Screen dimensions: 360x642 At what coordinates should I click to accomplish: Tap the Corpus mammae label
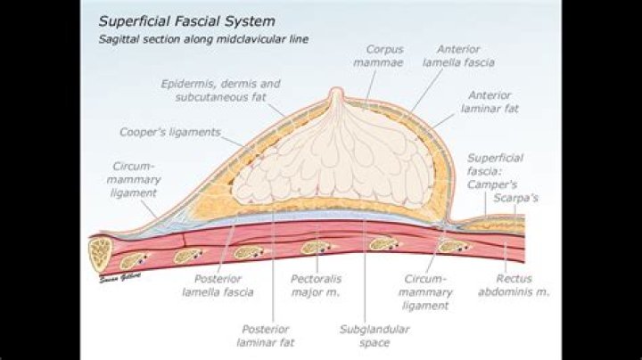385,56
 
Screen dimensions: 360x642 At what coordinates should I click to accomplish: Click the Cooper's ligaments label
169,133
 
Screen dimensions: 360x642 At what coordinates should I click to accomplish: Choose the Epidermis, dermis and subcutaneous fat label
219,90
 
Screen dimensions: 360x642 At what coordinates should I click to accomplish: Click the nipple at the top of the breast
336,95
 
